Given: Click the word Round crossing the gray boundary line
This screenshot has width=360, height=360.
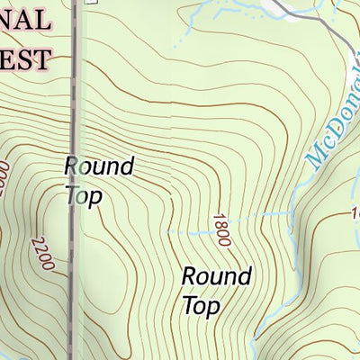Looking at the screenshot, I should [99, 166].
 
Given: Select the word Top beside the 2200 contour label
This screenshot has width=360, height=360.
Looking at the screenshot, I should [84, 194].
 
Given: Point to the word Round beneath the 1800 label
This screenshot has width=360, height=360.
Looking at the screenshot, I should [216, 277].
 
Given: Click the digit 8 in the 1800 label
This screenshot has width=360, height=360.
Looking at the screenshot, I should [220, 226].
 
